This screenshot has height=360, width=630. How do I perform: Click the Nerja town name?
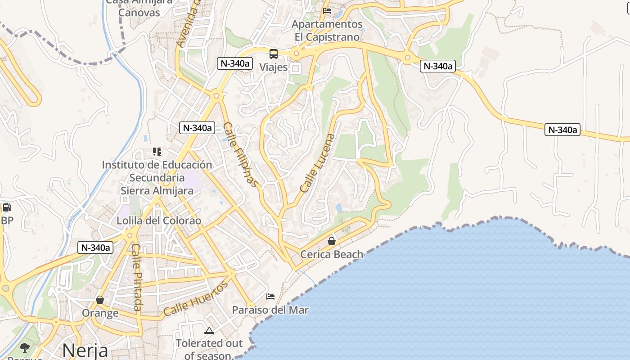(x=85, y=350)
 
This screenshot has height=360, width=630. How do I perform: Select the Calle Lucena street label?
(x=318, y=163)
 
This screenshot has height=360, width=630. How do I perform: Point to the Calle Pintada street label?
(x=137, y=277)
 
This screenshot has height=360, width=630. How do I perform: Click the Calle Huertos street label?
(x=196, y=298)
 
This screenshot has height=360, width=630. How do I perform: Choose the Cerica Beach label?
(x=332, y=254)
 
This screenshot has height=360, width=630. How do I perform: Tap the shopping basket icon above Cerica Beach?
(x=332, y=241)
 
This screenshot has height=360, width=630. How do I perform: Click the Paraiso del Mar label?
(x=270, y=310)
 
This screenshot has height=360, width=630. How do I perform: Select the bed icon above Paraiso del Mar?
(x=270, y=296)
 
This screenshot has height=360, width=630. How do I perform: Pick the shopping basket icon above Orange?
(x=100, y=300)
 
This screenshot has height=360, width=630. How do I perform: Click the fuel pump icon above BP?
(x=7, y=207)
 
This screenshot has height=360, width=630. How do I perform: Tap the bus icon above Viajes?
(x=274, y=54)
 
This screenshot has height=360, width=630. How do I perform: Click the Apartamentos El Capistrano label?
(x=327, y=30)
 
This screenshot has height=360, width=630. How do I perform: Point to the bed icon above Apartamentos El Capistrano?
(x=327, y=11)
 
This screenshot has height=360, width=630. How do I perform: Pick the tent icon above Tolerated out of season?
(x=209, y=331)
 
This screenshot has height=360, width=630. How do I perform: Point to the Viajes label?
(x=274, y=67)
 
